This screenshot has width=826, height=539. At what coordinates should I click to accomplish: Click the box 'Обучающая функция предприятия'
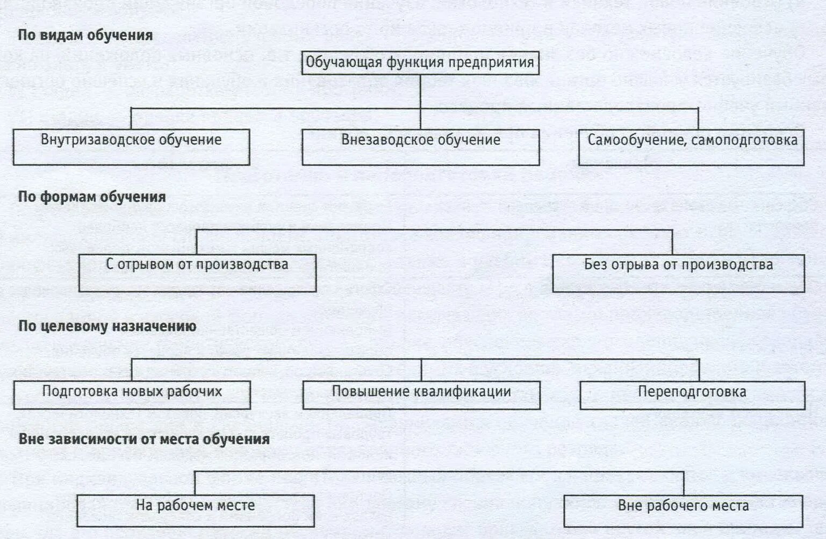[420, 62]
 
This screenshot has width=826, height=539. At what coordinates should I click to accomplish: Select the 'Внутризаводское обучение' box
[131, 146]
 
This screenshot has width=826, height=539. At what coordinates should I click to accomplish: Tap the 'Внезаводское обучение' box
[420, 147]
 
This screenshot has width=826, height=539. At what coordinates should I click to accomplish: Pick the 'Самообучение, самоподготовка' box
[691, 147]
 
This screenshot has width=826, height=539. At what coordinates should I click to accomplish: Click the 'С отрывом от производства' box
[197, 272]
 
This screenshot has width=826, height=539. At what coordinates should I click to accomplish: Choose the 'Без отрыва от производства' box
[678, 272]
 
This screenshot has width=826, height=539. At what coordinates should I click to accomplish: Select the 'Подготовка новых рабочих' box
[132, 394]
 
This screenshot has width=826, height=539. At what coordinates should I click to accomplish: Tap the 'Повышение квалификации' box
[421, 395]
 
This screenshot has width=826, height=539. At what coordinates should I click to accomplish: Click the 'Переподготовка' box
[692, 395]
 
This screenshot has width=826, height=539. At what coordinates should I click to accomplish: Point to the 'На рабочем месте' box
[195, 510]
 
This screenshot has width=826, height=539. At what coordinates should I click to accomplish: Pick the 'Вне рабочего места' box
[683, 511]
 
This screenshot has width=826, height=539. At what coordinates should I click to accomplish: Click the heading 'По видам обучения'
[85, 35]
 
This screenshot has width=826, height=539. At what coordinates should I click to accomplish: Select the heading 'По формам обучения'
[92, 197]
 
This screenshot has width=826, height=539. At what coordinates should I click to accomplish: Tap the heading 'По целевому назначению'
[107, 326]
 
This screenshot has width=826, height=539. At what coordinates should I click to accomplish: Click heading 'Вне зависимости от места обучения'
[144, 439]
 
